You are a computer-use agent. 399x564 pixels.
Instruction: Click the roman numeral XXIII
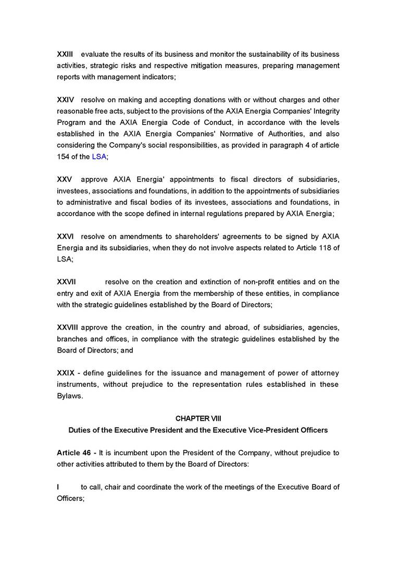[x=65, y=54]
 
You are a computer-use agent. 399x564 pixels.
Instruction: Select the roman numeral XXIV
[x=65, y=99]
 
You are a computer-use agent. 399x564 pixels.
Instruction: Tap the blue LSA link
[x=99, y=157]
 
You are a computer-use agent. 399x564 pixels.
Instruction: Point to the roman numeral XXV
[x=65, y=180]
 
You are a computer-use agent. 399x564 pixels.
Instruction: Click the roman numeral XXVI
[x=65, y=236]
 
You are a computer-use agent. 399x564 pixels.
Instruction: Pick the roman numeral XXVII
[x=66, y=282]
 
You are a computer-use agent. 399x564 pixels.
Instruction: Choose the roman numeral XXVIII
[x=67, y=328]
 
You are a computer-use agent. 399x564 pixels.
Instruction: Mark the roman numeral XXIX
[x=65, y=373]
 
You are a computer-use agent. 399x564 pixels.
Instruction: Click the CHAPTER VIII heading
[x=198, y=419]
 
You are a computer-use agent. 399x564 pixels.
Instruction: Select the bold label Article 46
[x=74, y=453]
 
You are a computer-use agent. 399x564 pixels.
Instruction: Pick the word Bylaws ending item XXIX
[x=69, y=396]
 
